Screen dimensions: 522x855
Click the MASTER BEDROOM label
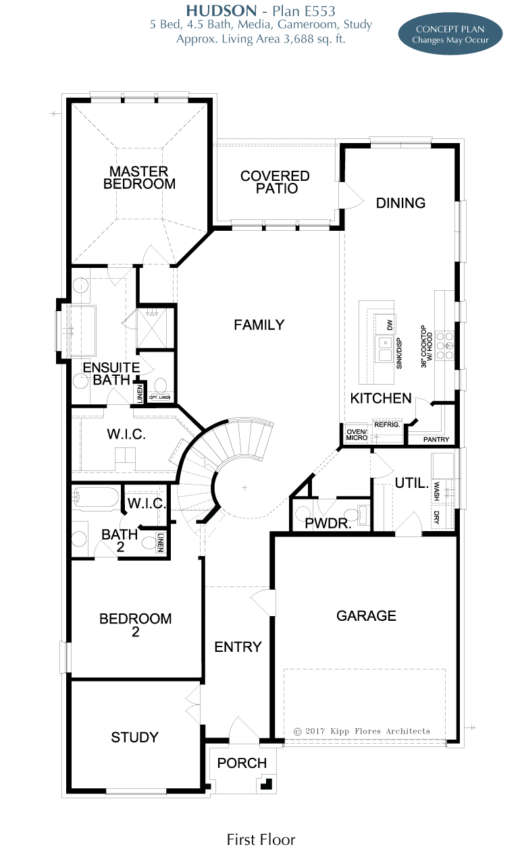(139, 177)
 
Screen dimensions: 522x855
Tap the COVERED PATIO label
(275, 182)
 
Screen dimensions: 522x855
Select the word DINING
(400, 203)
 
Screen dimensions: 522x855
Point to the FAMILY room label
(259, 325)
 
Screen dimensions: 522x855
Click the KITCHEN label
(381, 398)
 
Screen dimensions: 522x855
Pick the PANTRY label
(436, 439)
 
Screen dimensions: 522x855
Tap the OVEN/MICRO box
(357, 435)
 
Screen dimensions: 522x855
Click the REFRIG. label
(387, 425)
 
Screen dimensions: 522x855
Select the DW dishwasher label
(390, 325)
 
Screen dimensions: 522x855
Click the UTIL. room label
(412, 483)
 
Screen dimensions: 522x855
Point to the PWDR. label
(328, 523)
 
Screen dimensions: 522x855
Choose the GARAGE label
(366, 615)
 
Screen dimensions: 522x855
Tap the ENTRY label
(238, 647)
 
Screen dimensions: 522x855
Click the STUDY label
(135, 738)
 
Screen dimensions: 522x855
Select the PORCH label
(242, 763)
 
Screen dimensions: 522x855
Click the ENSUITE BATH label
(111, 374)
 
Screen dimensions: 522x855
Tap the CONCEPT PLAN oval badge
(450, 34)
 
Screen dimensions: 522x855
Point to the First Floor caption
(261, 839)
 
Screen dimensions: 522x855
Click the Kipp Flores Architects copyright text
(362, 732)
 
